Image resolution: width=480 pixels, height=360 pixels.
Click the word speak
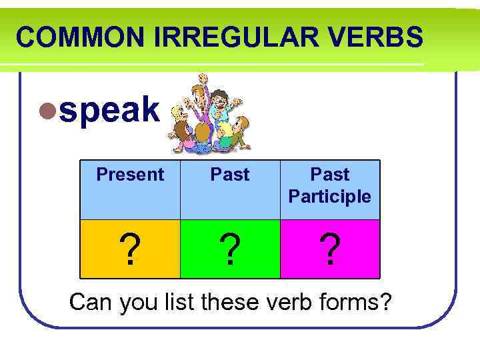pyautogui.click(x=110, y=110)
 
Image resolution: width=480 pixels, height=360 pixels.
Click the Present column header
pyautogui.click(x=130, y=175)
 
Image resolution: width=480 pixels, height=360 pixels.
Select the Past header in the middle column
pyautogui.click(x=230, y=175)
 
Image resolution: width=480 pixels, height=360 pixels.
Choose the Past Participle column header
pyautogui.click(x=330, y=185)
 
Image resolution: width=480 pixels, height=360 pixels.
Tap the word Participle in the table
pyautogui.click(x=330, y=197)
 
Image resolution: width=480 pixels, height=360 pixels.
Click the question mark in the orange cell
pyautogui.click(x=131, y=250)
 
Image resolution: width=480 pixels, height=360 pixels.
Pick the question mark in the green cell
pyautogui.click(x=231, y=250)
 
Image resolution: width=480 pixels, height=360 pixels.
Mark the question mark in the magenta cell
pyautogui.click(x=330, y=250)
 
